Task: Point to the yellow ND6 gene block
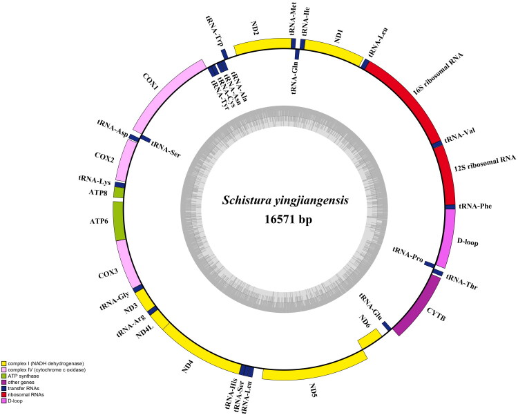tap(369, 336)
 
